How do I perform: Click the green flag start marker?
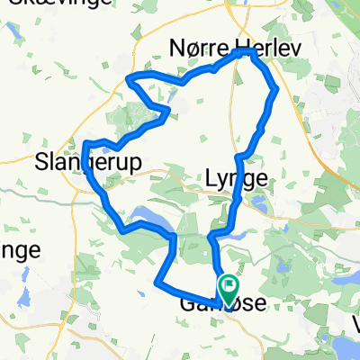click(229, 288)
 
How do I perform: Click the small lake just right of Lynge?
click(262, 205)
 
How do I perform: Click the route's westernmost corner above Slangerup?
click(85, 143)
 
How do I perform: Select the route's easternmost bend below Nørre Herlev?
click(275, 88)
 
